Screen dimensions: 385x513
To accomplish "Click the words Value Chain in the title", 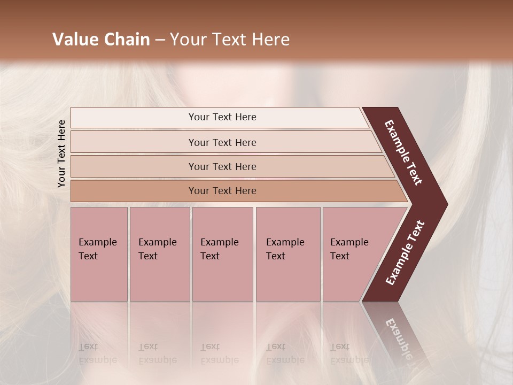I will pyautogui.click(x=101, y=39).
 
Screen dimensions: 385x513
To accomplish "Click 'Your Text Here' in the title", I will pyautogui.click(x=230, y=39).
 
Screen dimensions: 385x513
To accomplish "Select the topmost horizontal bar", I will pyautogui.click(x=134, y=118).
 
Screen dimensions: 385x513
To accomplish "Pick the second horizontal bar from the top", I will pyautogui.click(x=134, y=142).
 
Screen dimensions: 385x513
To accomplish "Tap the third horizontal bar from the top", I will pyautogui.click(x=134, y=166).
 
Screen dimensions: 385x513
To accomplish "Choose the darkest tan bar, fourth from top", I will pyautogui.click(x=134, y=191).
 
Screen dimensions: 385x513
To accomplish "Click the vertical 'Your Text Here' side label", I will pyautogui.click(x=61, y=153).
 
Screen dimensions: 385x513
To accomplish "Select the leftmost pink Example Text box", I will pyautogui.click(x=99, y=278).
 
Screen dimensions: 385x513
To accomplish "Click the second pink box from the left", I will pyautogui.click(x=159, y=278).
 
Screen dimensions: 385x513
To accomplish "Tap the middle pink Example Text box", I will pyautogui.click(x=222, y=278).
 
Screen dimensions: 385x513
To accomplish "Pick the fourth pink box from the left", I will pyautogui.click(x=287, y=278).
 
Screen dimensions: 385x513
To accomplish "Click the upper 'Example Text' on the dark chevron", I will pyautogui.click(x=403, y=152).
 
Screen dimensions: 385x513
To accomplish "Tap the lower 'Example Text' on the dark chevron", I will pyautogui.click(x=405, y=252).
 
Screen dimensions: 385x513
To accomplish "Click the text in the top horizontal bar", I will pyautogui.click(x=222, y=117).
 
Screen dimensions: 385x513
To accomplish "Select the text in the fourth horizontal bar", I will pyautogui.click(x=222, y=191).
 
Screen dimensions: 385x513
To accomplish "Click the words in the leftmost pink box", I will pyautogui.click(x=97, y=249).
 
